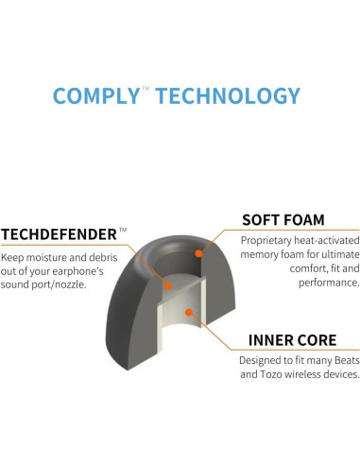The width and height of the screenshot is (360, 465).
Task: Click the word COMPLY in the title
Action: click(x=96, y=95)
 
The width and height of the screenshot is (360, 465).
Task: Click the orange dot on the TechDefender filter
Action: click(x=165, y=283)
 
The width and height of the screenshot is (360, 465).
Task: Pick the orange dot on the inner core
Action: click(x=189, y=313)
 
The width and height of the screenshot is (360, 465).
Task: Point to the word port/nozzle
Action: click(x=82, y=286)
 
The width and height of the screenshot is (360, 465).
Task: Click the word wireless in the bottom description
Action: click(x=298, y=375)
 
